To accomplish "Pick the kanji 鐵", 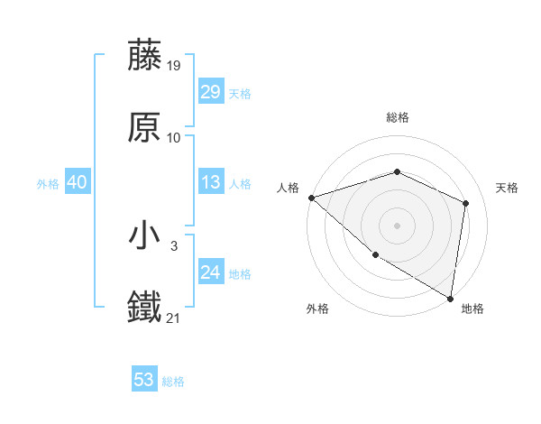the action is [x=145, y=308].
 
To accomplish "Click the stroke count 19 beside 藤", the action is [x=174, y=65].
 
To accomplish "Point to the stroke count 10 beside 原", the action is [x=174, y=137].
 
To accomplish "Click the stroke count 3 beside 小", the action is [x=174, y=245].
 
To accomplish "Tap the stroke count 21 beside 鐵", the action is [x=174, y=318].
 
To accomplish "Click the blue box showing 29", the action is [x=210, y=92].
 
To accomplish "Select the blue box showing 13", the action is [x=210, y=182].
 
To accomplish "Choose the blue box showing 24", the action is [x=210, y=272].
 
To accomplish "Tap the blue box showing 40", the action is [x=77, y=182].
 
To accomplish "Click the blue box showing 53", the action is [x=144, y=380].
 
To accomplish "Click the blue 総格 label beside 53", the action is [x=173, y=382].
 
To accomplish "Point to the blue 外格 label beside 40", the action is [x=48, y=184].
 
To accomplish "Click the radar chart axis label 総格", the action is [x=397, y=117].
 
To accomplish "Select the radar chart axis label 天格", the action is [x=507, y=188].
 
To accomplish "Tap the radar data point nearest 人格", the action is [x=311, y=198].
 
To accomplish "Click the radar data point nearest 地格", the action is [x=450, y=298].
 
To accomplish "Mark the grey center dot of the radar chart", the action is [x=397, y=225].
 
